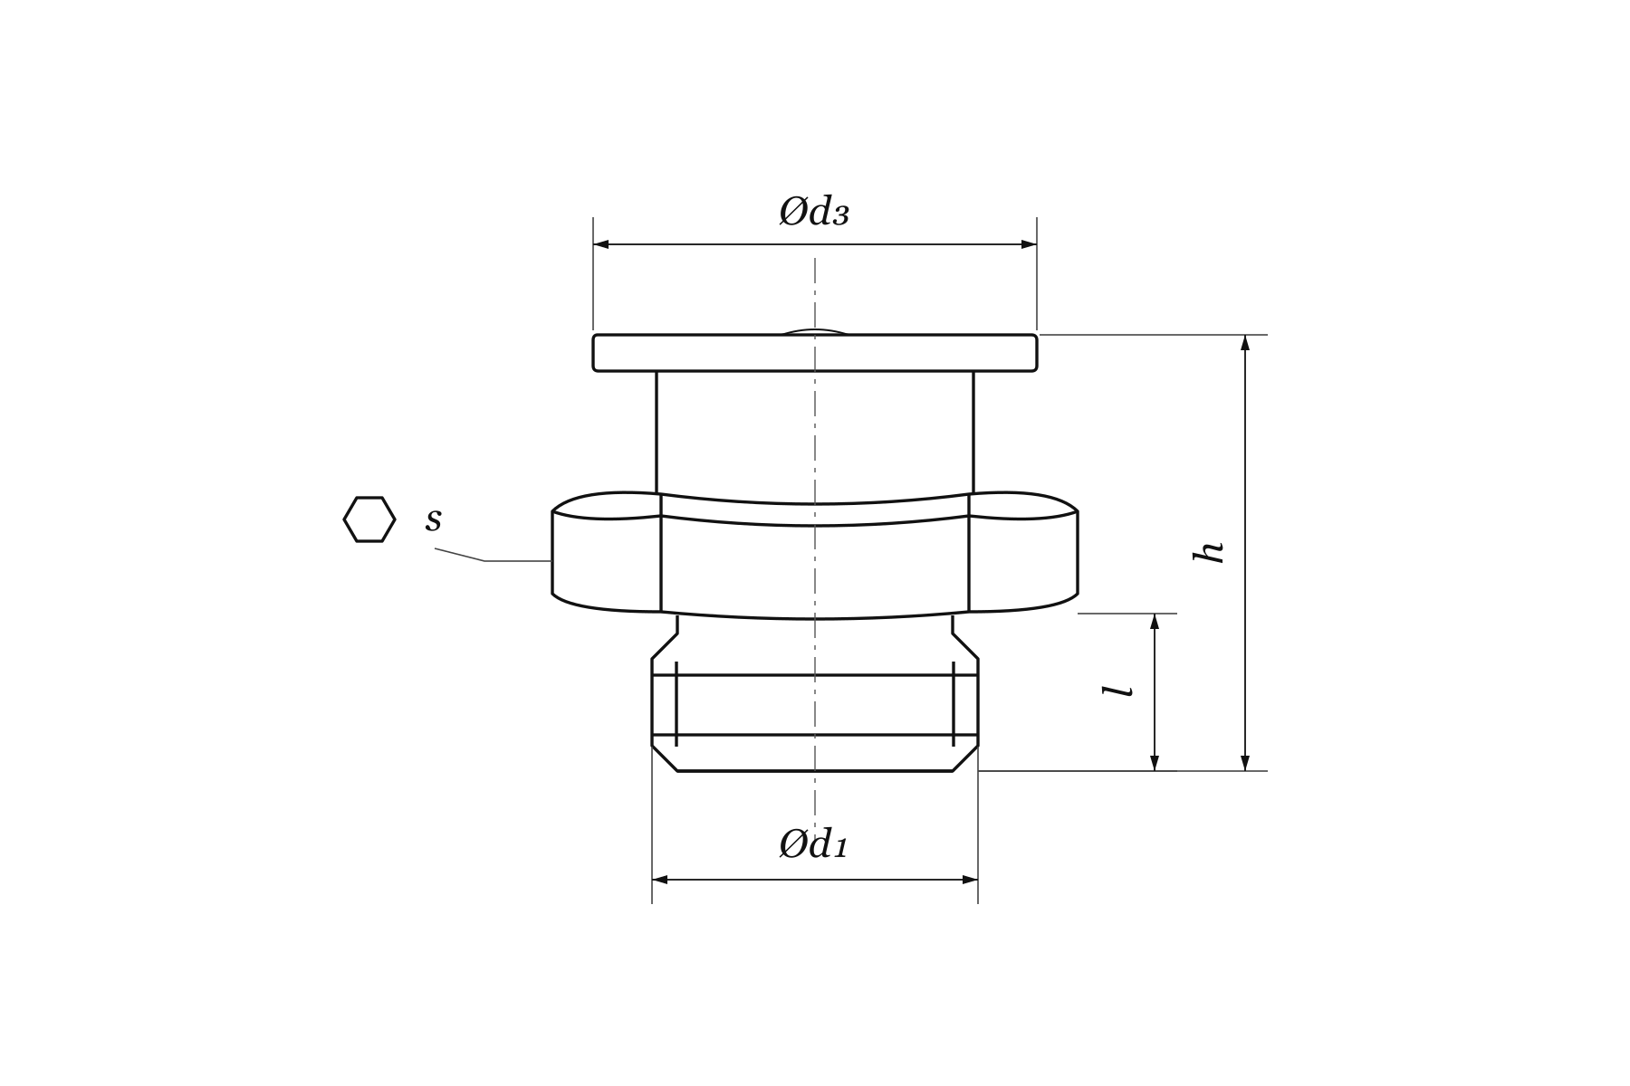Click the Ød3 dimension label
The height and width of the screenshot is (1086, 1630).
coord(814,212)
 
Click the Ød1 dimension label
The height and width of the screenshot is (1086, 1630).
coord(813,844)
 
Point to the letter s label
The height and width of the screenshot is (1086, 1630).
coord(434,519)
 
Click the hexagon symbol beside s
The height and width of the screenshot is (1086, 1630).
coord(369,519)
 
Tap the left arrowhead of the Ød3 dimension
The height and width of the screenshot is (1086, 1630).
coord(601,244)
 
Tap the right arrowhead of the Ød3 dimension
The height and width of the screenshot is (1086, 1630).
coord(1029,244)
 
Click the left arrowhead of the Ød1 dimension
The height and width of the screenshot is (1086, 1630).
coord(660,880)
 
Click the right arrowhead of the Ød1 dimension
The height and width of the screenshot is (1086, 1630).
coord(970,880)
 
